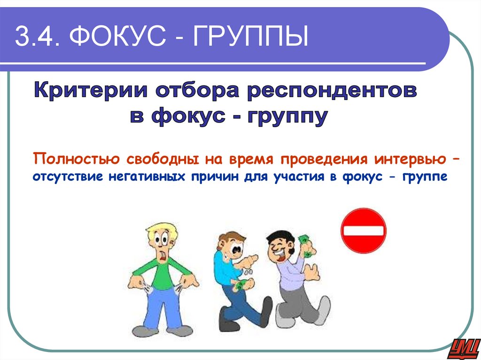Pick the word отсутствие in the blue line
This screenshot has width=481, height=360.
(68, 177)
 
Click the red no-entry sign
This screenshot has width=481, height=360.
(363, 230)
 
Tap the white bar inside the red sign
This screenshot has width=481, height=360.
(363, 231)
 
